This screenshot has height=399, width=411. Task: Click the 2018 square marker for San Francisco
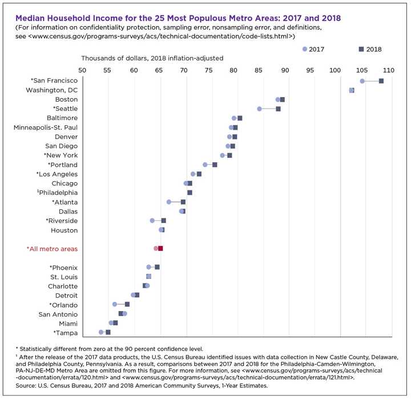click(x=381, y=81)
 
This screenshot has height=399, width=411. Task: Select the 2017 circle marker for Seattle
click(x=259, y=109)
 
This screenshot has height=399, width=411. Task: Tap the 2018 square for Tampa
click(x=108, y=332)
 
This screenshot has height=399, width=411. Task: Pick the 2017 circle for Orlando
click(x=115, y=304)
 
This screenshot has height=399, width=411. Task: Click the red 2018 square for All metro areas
click(x=161, y=249)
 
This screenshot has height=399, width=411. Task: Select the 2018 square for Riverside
click(x=163, y=221)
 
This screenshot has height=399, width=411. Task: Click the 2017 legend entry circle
click(x=305, y=49)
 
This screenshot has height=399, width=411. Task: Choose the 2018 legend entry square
click(x=361, y=49)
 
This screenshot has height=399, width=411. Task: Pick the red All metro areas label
click(x=52, y=249)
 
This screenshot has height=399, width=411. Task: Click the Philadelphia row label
click(x=56, y=193)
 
